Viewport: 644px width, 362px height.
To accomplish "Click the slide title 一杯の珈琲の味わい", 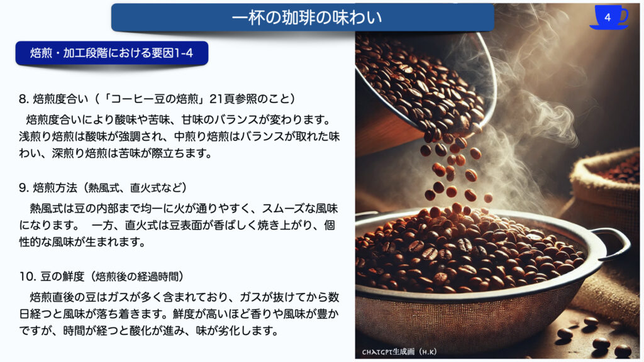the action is pyautogui.click(x=307, y=18).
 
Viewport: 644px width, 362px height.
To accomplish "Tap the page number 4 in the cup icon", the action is pyautogui.click(x=608, y=17).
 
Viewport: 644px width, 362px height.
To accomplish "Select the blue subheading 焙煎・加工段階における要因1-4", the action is pyautogui.click(x=112, y=53).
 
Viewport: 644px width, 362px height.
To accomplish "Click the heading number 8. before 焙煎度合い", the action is pyautogui.click(x=24, y=99).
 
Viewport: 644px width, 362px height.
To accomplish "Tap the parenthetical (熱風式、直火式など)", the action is pyautogui.click(x=135, y=188).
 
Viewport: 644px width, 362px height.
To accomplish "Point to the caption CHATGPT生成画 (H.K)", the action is pyautogui.click(x=399, y=352).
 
